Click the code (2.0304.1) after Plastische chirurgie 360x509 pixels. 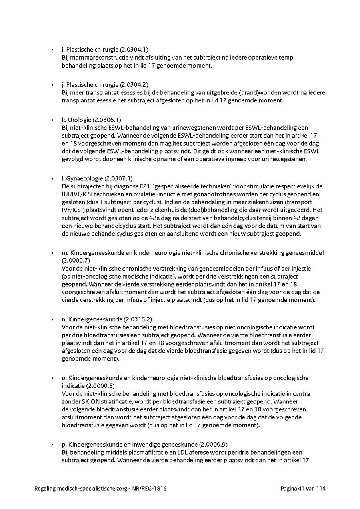134,50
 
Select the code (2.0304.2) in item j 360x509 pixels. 134,85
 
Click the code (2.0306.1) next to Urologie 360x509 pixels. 106,120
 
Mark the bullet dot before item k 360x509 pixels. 52,120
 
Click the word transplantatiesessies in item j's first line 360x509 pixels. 104,93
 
